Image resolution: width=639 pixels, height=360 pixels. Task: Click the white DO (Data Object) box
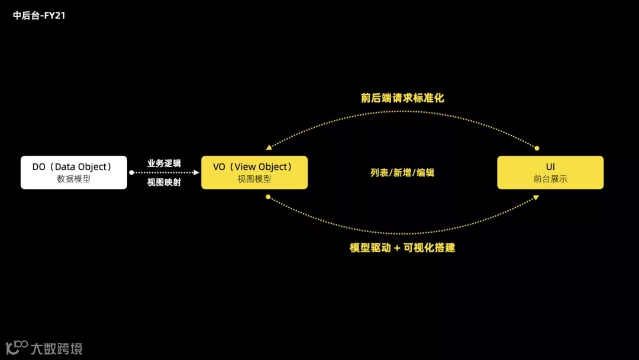pos(74,172)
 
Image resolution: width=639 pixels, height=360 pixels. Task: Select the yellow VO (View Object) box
pos(254,172)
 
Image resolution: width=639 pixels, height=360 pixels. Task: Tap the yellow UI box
pos(550,172)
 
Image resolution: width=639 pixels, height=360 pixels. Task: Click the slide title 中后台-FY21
pos(39,16)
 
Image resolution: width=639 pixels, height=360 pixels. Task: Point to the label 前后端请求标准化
pos(402,98)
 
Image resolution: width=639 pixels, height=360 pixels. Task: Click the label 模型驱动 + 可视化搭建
pos(402,247)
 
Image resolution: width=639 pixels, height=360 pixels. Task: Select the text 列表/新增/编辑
pos(402,173)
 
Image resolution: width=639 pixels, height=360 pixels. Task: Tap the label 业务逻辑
pos(164,163)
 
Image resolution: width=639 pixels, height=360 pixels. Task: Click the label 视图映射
pos(164,182)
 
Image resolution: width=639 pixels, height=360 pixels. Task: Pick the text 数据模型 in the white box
pos(74,179)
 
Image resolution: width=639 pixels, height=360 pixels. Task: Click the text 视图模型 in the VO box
pos(254,179)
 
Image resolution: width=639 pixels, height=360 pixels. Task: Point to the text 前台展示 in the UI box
pos(550,179)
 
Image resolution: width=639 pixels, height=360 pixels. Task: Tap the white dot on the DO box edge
pos(131,172)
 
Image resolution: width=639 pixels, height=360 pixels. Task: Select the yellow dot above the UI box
pos(537,148)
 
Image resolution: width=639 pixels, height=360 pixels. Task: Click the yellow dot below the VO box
pos(268,197)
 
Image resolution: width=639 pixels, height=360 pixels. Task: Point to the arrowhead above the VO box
pos(269,147)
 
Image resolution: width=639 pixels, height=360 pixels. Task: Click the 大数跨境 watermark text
pos(56,348)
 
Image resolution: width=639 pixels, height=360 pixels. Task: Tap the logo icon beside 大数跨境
pos(17,347)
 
